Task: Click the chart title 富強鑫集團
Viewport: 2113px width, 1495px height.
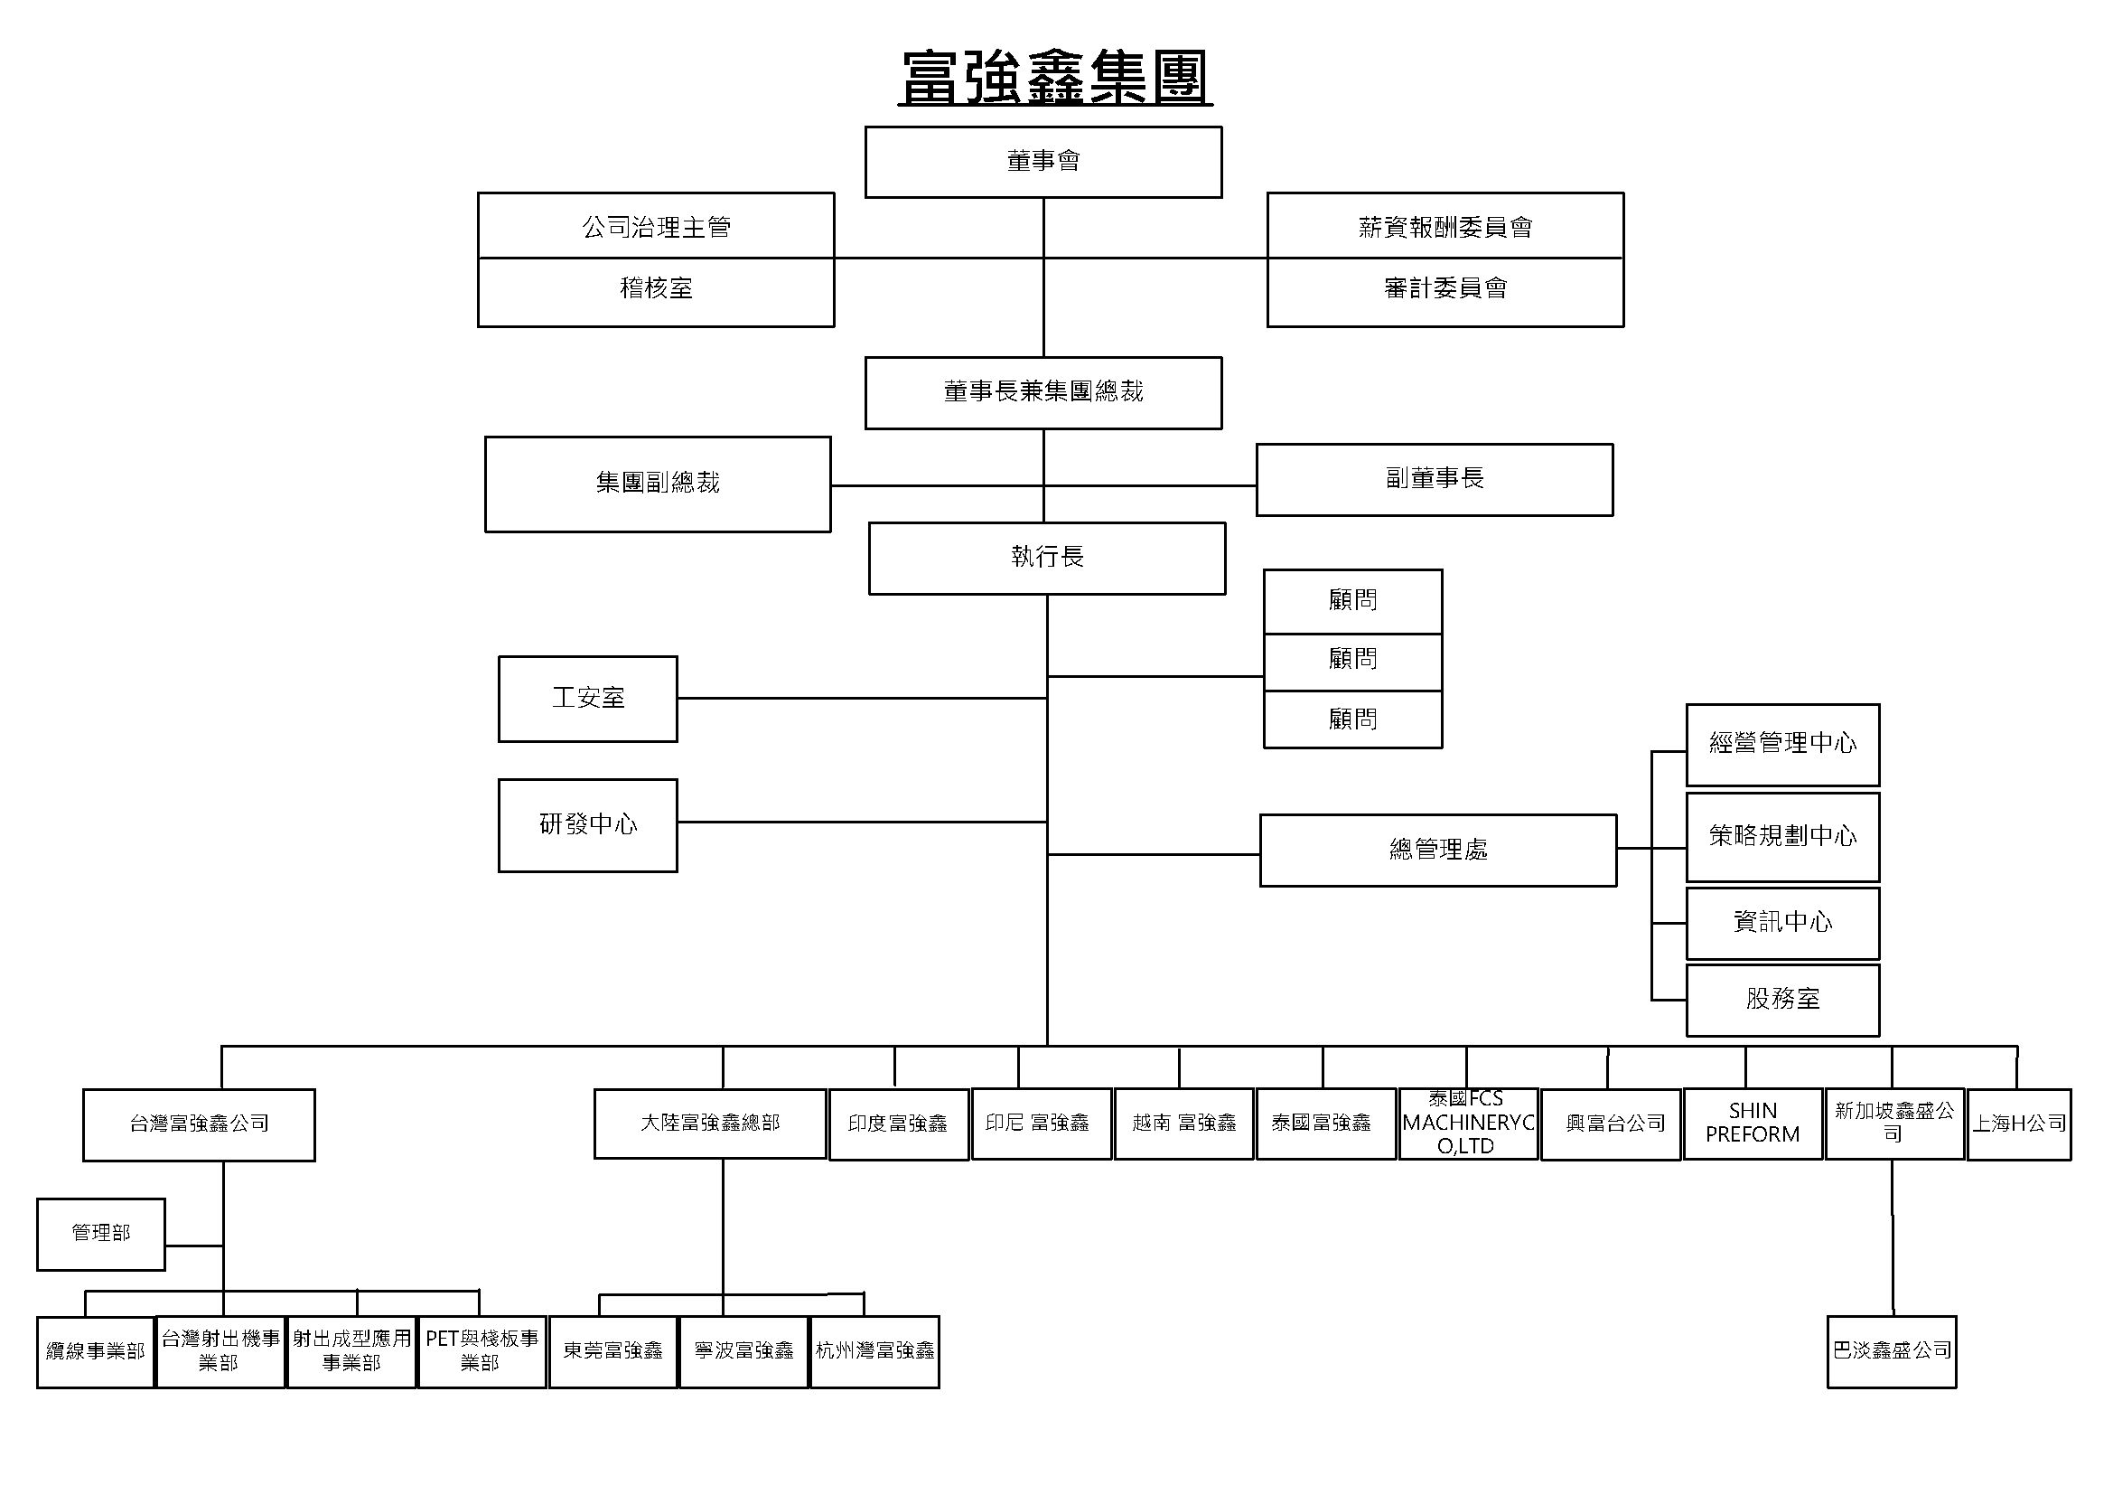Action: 1054,78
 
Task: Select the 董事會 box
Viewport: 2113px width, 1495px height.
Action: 1042,162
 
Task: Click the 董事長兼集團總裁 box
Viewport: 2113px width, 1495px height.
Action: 1042,393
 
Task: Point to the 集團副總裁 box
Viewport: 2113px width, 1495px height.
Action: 657,484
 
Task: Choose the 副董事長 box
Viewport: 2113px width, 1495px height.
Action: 1434,480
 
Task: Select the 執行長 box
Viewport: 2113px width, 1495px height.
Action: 1046,558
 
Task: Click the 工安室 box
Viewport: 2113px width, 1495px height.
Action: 587,699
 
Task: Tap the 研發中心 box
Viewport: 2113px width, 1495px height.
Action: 587,825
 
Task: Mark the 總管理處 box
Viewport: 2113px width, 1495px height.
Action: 1437,850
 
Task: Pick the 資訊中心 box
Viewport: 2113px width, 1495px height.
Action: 1781,923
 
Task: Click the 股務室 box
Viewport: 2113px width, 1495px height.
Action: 1781,1000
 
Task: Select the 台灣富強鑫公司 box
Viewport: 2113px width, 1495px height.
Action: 199,1124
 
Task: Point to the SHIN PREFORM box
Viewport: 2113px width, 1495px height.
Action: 1753,1124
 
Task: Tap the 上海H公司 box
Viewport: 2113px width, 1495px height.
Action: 2018,1124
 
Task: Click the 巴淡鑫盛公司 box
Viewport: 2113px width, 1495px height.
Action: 1891,1351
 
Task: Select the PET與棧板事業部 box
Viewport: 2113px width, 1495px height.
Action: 482,1351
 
